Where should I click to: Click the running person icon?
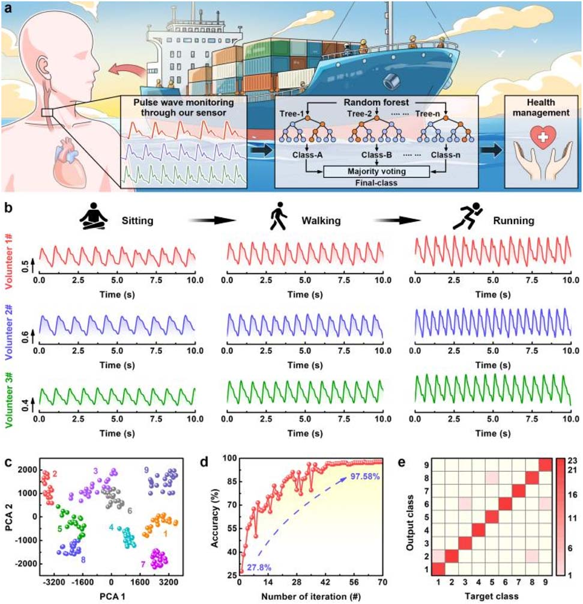462,219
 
